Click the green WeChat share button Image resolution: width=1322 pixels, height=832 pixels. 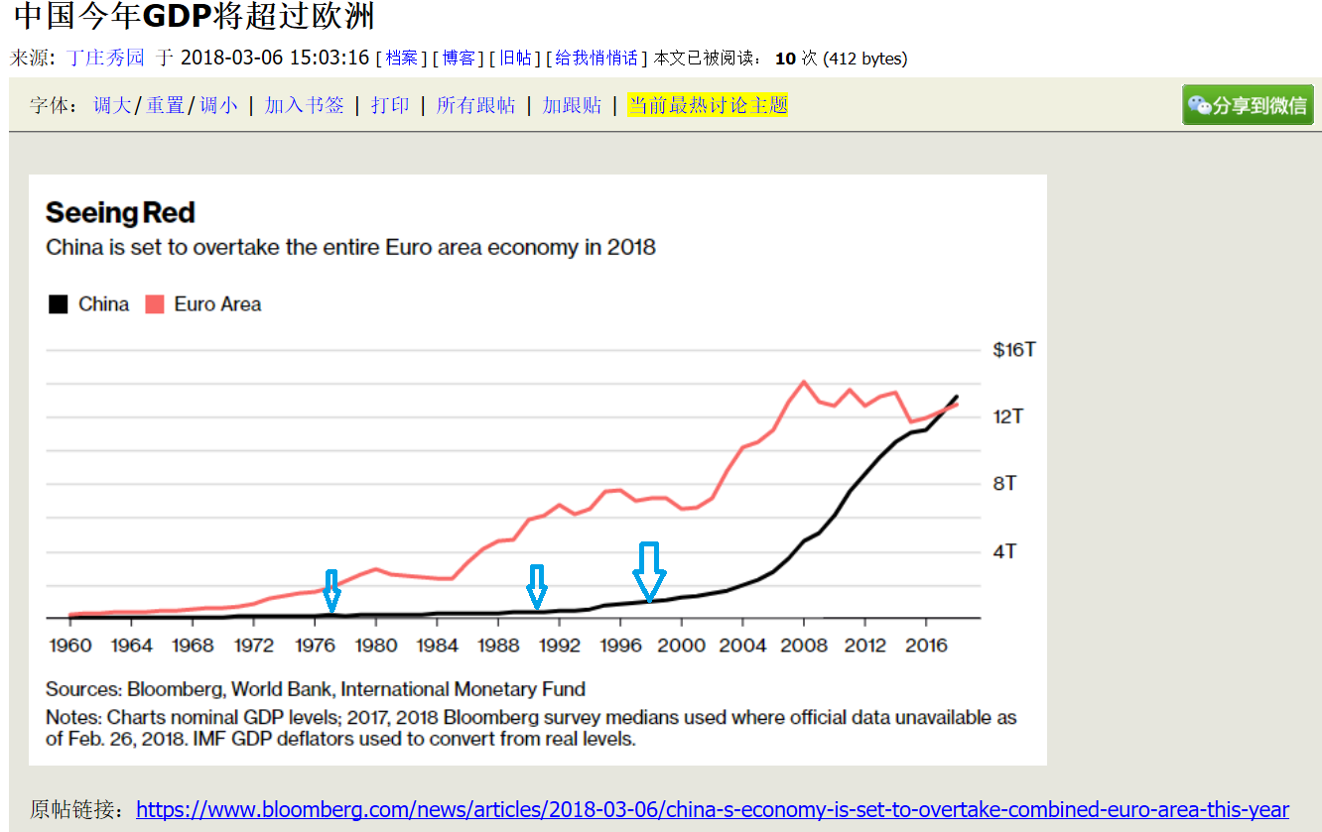click(1248, 105)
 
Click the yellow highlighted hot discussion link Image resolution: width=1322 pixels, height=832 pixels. click(707, 105)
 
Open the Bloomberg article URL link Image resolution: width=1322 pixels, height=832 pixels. click(712, 809)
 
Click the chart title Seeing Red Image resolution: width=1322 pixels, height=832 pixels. click(120, 213)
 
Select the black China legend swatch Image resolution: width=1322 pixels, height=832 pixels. click(58, 304)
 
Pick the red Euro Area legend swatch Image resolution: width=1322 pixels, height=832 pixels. click(154, 304)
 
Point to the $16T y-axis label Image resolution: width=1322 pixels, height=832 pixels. click(1014, 350)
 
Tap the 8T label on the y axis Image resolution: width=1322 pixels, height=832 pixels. click(1004, 484)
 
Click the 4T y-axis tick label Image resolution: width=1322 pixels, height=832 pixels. click(1004, 551)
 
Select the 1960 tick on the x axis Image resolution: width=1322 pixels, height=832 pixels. click(69, 646)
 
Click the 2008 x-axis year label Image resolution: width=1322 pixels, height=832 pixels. click(803, 646)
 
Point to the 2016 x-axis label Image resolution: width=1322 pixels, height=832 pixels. click(925, 646)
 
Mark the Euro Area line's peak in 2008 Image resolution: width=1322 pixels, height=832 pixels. click(803, 382)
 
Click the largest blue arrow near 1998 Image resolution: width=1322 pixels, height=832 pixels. click(650, 571)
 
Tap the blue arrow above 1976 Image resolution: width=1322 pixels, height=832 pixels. click(331, 590)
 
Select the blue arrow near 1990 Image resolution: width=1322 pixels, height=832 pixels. click(537, 587)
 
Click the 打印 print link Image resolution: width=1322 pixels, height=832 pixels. click(390, 105)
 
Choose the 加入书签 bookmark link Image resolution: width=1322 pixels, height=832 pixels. click(304, 105)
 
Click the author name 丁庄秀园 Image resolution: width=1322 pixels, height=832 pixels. click(105, 58)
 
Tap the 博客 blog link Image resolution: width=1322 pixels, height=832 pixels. click(458, 58)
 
